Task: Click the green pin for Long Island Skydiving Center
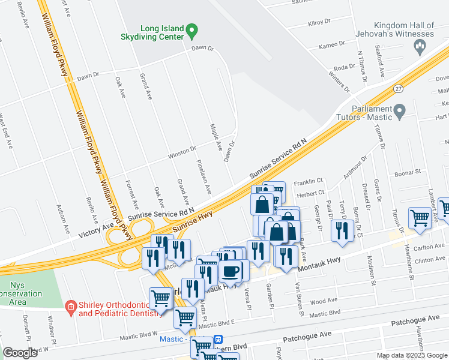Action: (x=192, y=29)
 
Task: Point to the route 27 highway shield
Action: (x=398, y=88)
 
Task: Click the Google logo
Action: (x=20, y=353)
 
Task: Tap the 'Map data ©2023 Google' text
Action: (x=411, y=355)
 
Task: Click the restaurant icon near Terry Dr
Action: (x=342, y=230)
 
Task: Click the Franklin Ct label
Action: (x=309, y=181)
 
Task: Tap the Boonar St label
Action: (x=408, y=173)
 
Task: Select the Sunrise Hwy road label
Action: (x=193, y=225)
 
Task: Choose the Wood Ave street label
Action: (x=324, y=301)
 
